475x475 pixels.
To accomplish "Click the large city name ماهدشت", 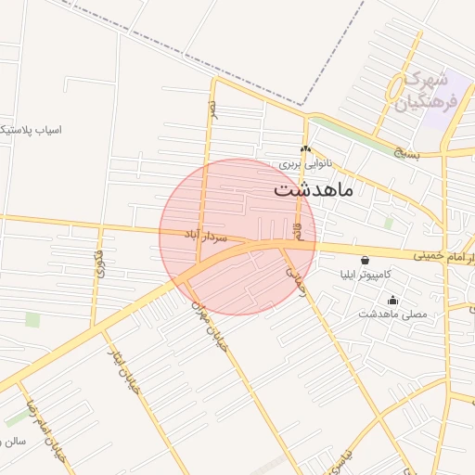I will (314, 190).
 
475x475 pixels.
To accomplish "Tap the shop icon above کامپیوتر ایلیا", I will (364, 261).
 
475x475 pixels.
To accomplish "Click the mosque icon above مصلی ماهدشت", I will (392, 300).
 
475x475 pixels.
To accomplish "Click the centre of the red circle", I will (237, 237).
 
